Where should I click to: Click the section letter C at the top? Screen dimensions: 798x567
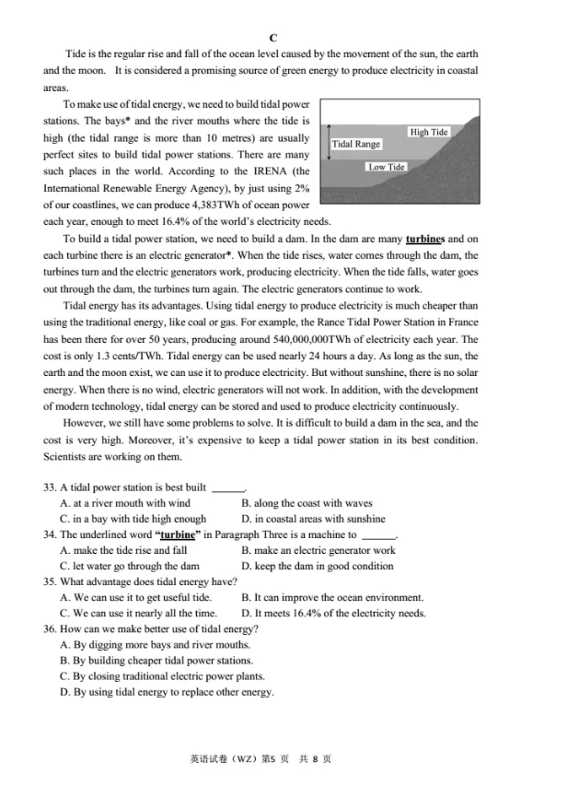273,38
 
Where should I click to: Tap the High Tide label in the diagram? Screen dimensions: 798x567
429,132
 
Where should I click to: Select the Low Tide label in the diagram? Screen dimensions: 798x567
387,167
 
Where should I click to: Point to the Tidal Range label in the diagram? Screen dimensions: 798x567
355,144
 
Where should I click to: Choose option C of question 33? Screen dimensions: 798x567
133,519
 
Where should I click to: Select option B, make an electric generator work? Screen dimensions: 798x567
318,550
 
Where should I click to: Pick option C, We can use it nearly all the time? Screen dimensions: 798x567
138,613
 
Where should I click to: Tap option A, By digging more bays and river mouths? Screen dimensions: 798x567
155,645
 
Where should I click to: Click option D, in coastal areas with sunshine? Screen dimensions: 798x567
313,519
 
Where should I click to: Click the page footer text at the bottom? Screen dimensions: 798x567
260,758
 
